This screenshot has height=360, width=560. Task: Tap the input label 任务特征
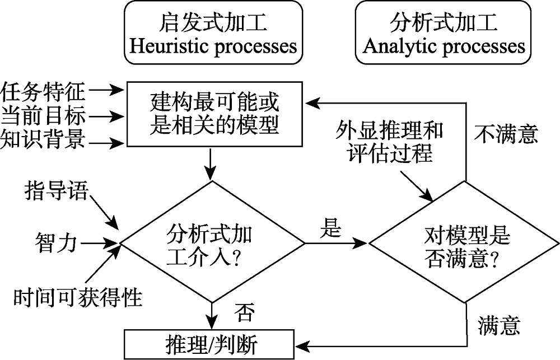[43, 90]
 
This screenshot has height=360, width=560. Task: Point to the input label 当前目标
[43, 116]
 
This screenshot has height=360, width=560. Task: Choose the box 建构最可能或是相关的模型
[214, 114]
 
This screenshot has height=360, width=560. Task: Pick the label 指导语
[56, 191]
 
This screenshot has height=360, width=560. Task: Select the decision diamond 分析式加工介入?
[213, 243]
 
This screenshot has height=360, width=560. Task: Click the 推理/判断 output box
[213, 342]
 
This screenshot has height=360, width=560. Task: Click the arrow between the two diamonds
[336, 244]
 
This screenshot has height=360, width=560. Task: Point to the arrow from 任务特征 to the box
[107, 90]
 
